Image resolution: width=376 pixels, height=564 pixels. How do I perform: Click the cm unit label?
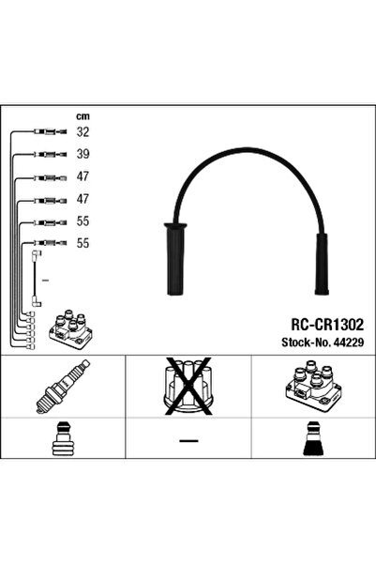tap(83, 115)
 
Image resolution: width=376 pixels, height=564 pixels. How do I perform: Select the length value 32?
tap(83, 132)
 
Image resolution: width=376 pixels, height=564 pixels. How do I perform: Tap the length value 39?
tap(83, 154)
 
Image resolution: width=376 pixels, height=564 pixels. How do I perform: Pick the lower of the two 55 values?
tap(83, 242)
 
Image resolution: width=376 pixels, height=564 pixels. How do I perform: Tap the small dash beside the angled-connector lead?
tap(46, 279)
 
